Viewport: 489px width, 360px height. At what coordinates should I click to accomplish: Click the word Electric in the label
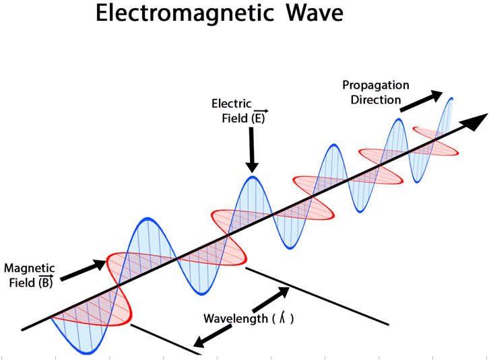pos(232,104)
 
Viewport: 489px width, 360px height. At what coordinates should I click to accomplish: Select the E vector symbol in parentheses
pos(259,118)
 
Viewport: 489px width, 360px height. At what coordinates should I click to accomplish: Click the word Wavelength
pos(235,318)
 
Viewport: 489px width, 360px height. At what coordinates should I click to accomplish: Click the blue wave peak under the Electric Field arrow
pos(253,178)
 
